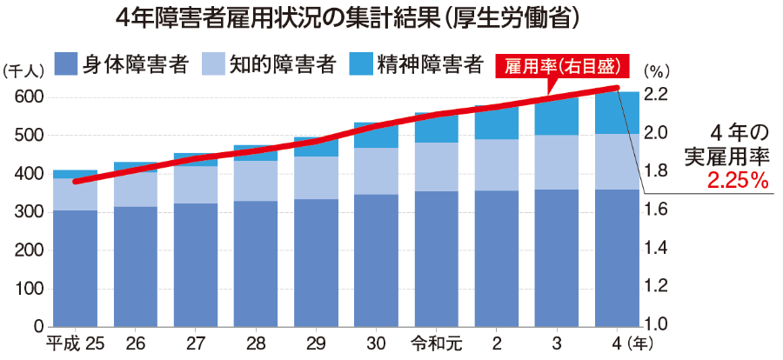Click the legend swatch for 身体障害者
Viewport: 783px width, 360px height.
(x=66, y=64)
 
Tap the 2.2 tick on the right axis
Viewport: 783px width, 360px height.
(x=655, y=95)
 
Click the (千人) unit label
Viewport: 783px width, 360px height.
(x=20, y=70)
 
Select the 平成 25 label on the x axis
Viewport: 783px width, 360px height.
(x=75, y=343)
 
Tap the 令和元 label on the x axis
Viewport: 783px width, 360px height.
(x=437, y=343)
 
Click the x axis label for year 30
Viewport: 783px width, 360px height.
(x=376, y=343)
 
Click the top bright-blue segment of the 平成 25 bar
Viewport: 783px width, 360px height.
(x=76, y=174)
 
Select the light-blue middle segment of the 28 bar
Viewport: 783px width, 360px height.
(x=256, y=181)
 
